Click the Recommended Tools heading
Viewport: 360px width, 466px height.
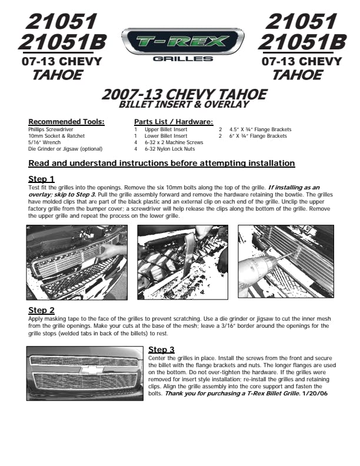coord(66,122)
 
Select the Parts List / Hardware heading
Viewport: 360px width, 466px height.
coord(174,122)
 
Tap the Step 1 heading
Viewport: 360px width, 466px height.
coord(42,179)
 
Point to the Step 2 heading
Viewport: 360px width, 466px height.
coord(42,310)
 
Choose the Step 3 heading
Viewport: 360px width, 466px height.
coord(162,349)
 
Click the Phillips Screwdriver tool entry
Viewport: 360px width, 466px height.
coord(51,129)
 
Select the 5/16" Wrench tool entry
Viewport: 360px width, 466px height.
coord(44,142)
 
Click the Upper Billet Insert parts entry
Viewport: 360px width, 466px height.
coord(166,129)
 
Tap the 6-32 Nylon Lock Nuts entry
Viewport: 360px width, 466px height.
coord(170,149)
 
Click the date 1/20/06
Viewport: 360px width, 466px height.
coord(315,393)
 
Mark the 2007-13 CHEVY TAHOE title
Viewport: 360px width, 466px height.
coord(184,95)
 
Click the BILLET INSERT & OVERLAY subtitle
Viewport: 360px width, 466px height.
coord(184,105)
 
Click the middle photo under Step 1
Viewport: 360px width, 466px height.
coord(182,262)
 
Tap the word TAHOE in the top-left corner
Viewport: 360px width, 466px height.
coord(57,75)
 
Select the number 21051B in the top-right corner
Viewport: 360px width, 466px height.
coord(302,42)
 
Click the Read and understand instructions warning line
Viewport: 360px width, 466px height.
coord(162,163)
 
